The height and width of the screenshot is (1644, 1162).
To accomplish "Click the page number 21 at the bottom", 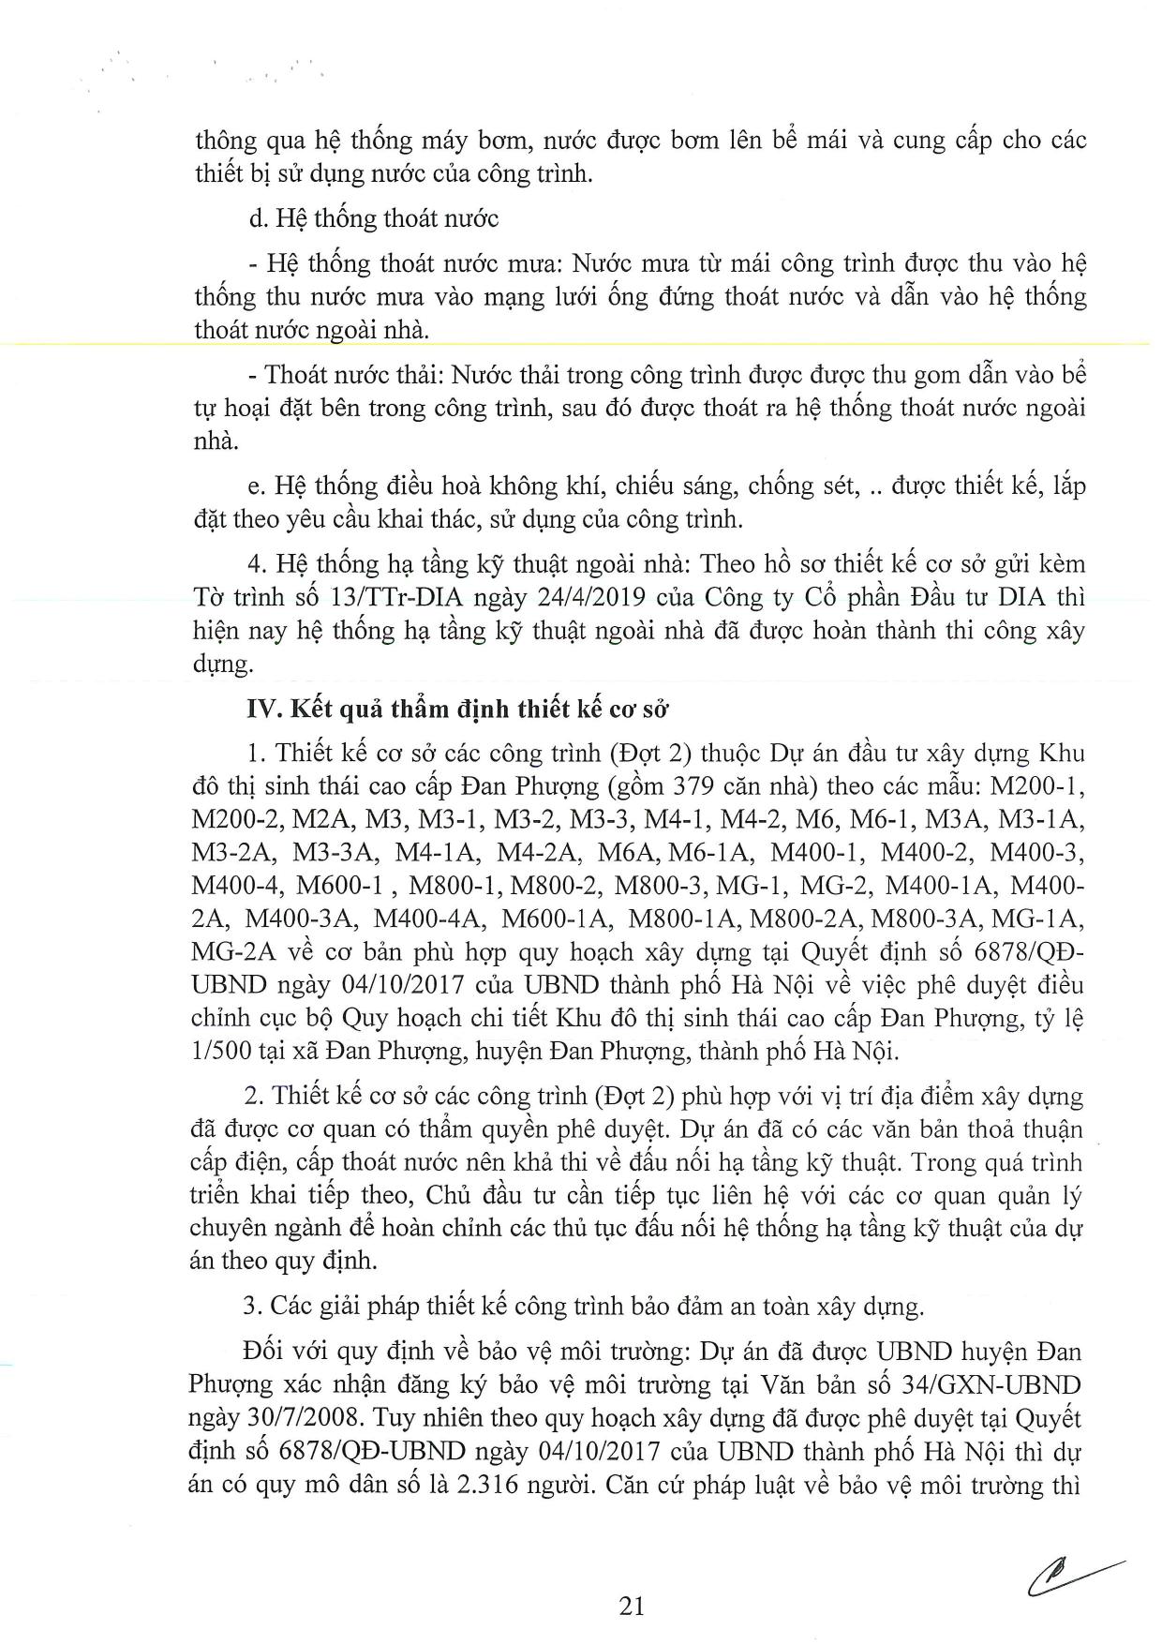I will (x=632, y=1606).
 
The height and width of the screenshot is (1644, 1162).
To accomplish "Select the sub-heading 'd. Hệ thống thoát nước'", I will (x=374, y=218).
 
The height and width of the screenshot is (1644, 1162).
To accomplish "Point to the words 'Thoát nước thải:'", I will (x=348, y=376).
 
